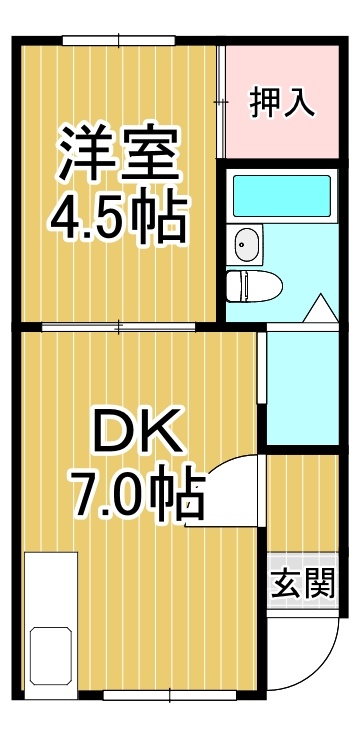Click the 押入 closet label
(282, 102)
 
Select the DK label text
(138, 429)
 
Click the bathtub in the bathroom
(282, 196)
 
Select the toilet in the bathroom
(254, 285)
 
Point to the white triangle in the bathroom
(321, 308)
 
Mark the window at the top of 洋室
(119, 40)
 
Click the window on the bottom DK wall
(169, 695)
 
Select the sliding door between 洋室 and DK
(118, 327)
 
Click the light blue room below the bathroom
(302, 388)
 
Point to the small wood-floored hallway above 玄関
(303, 503)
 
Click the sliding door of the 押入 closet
(221, 101)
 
